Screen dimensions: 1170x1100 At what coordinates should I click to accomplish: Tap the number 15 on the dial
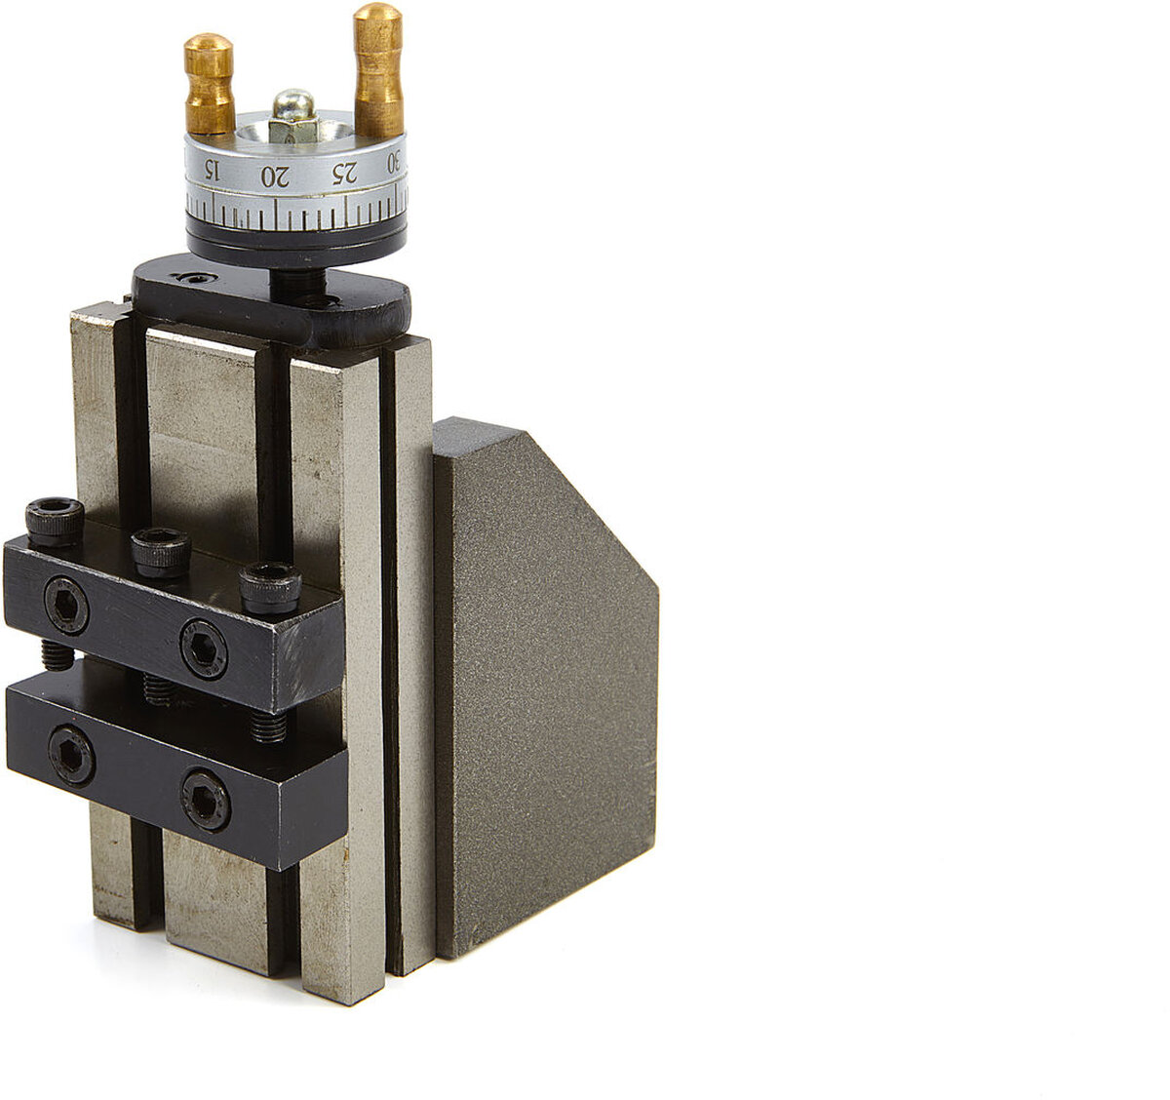click(212, 171)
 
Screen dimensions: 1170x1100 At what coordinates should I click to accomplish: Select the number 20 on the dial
click(275, 177)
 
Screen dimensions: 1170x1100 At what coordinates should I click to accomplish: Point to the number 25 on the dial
click(344, 174)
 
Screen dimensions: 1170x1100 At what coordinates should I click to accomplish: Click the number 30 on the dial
click(394, 162)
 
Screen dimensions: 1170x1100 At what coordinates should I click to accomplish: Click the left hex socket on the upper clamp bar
click(66, 606)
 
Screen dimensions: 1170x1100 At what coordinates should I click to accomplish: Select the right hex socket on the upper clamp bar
click(203, 648)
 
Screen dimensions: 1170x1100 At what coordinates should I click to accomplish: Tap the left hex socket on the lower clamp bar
click(71, 755)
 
